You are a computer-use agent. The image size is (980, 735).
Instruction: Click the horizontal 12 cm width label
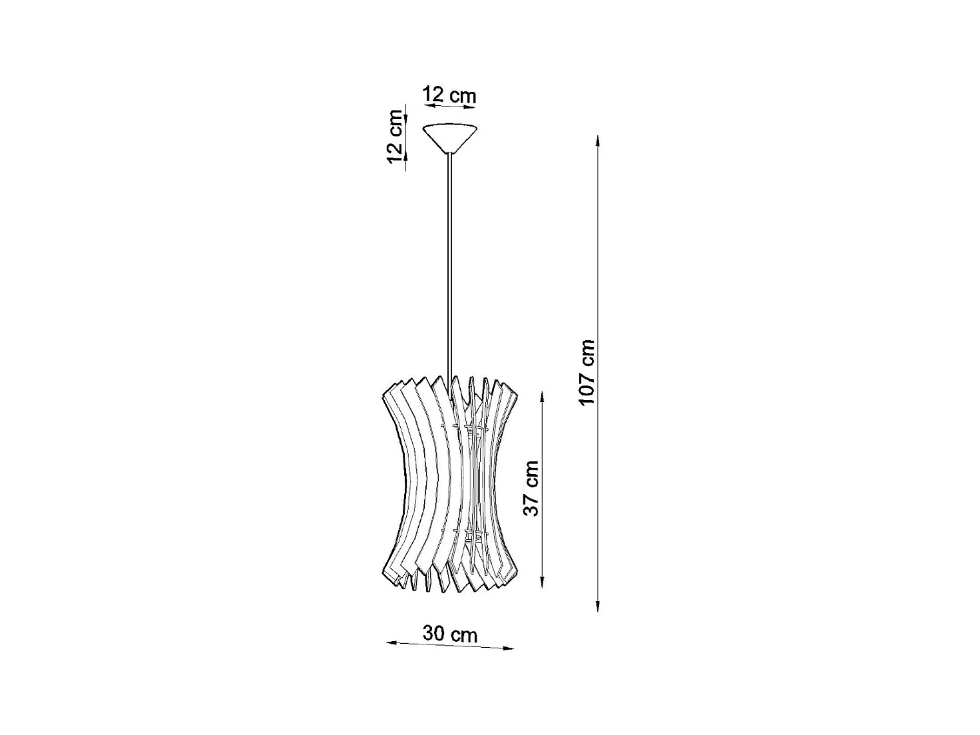coord(450,95)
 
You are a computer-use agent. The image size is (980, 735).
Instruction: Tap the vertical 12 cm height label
coord(395,136)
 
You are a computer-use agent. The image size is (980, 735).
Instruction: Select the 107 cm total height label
coord(587,372)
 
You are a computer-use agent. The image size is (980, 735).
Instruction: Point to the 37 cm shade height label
coord(531,488)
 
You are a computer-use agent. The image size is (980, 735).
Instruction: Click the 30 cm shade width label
coord(450,634)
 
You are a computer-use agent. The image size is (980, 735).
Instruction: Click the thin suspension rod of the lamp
coord(451,266)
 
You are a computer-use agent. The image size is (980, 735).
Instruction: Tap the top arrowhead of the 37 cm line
coord(543,397)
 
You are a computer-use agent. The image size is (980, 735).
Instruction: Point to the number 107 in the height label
coord(587,386)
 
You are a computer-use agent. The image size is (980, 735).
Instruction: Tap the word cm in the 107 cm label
coord(587,353)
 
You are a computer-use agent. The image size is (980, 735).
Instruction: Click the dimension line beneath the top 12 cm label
coord(450,106)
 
